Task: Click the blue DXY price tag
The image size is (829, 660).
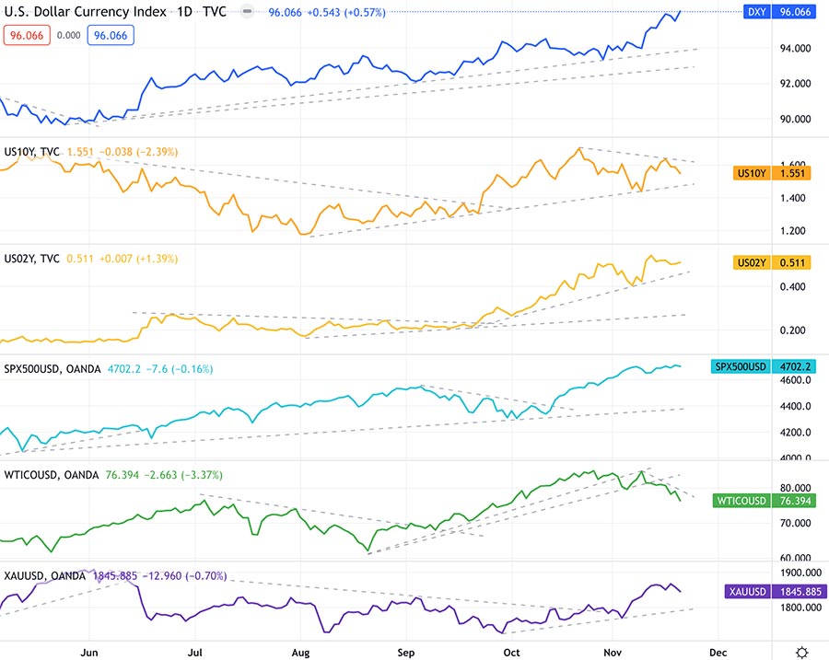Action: coord(782,12)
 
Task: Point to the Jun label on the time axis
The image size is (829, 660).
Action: coord(89,651)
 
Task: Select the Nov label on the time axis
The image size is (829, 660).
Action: coord(612,651)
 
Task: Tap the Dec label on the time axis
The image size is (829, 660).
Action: coord(718,651)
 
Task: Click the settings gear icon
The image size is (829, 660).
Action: coord(803,651)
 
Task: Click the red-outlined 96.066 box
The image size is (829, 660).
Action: coord(26,35)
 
